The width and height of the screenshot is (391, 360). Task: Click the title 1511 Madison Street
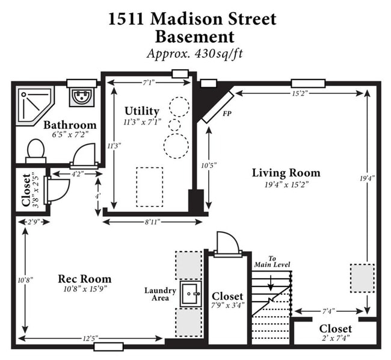click(x=192, y=19)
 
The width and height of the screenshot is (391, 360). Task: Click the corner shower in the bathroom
click(x=34, y=105)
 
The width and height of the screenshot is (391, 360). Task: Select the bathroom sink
click(x=81, y=96)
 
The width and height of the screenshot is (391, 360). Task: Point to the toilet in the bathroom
click(x=36, y=151)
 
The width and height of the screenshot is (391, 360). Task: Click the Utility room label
click(x=142, y=111)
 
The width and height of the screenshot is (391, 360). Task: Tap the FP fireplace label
click(x=227, y=113)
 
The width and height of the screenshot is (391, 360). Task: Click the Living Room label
click(x=286, y=173)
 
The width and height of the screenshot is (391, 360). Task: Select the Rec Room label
click(x=84, y=279)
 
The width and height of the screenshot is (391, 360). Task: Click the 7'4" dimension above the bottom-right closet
click(x=328, y=311)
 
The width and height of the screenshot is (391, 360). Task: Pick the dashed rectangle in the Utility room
click(x=149, y=186)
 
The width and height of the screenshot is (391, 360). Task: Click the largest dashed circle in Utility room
click(x=176, y=145)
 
